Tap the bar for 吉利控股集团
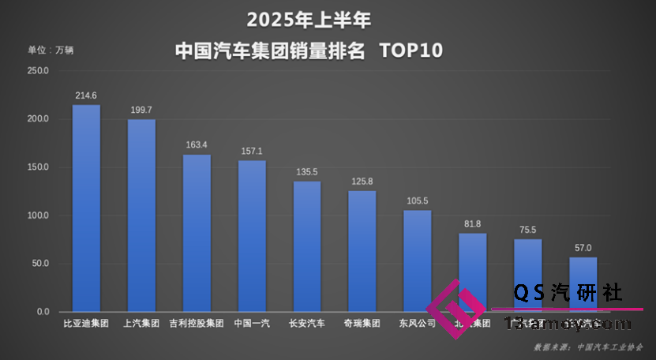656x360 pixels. (197, 232)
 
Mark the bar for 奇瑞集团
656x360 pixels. (362, 250)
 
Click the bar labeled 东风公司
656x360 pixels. (418, 260)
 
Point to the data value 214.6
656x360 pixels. (86, 96)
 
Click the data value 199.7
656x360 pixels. (141, 110)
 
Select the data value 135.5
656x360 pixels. (307, 171)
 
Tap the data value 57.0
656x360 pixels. (583, 247)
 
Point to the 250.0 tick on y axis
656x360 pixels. (38, 71)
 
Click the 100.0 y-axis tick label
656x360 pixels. (38, 216)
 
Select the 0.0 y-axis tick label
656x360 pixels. (42, 312)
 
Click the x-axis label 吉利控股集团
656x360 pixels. (197, 324)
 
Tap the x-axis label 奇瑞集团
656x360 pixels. (362, 324)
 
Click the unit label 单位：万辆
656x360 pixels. (51, 50)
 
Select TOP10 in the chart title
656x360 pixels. (411, 51)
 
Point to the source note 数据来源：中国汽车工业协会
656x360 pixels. (589, 346)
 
